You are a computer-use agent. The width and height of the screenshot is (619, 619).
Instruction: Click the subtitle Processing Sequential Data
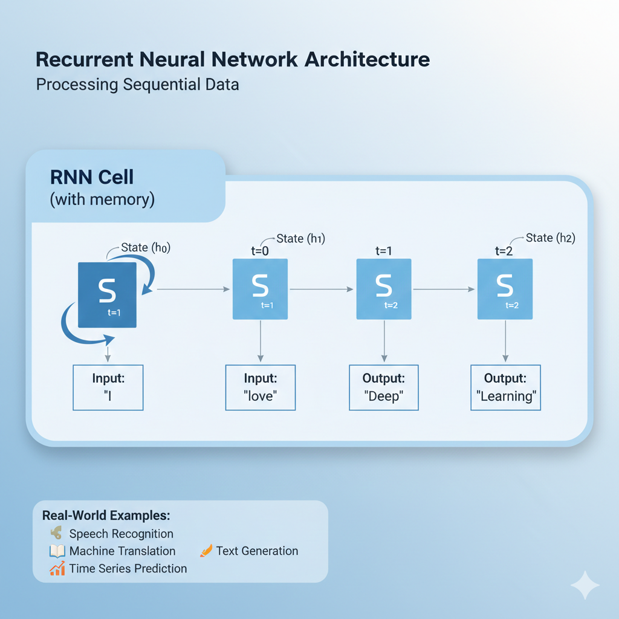pyautogui.click(x=137, y=84)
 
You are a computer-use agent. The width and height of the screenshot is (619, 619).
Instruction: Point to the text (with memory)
pyautogui.click(x=102, y=199)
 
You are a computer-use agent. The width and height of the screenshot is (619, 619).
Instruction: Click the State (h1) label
pyautogui.click(x=300, y=239)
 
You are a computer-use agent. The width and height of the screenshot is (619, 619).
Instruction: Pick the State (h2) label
pyautogui.click(x=550, y=238)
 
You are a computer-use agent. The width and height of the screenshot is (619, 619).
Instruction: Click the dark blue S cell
pyautogui.click(x=108, y=294)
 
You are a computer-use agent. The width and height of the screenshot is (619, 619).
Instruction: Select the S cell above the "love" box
pyautogui.click(x=260, y=288)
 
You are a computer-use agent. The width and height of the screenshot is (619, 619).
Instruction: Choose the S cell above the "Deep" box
pyautogui.click(x=384, y=288)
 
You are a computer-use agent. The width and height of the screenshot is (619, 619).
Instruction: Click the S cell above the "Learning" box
pyautogui.click(x=505, y=288)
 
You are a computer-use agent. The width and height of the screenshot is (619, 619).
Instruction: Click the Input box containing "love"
pyautogui.click(x=261, y=387)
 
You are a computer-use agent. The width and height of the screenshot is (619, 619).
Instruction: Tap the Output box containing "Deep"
pyautogui.click(x=384, y=387)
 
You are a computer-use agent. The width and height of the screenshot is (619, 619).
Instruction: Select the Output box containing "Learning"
pyautogui.click(x=505, y=387)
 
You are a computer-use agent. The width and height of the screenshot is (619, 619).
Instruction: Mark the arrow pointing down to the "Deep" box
pyautogui.click(x=384, y=342)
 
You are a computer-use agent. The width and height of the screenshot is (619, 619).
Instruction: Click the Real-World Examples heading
pyautogui.click(x=106, y=516)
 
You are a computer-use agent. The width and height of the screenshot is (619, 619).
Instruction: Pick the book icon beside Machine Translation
pyautogui.click(x=57, y=551)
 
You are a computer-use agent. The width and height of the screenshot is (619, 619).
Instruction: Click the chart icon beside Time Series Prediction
pyautogui.click(x=57, y=568)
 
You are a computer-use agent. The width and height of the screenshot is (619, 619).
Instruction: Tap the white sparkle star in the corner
pyautogui.click(x=585, y=585)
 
